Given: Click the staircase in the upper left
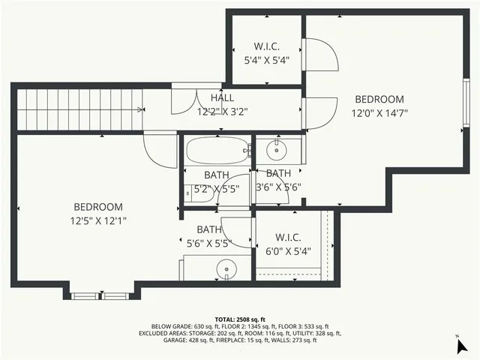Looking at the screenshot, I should pyautogui.click(x=79, y=109).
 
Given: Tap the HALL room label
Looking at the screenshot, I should pyautogui.click(x=222, y=98).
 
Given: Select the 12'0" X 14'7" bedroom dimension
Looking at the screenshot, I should pyautogui.click(x=379, y=113).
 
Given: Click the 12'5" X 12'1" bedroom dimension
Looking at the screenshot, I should pyautogui.click(x=98, y=220).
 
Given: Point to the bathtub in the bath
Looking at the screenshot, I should pyautogui.click(x=218, y=152).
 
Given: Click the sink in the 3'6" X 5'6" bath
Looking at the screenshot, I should pyautogui.click(x=278, y=151).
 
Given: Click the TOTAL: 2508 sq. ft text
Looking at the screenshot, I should pyautogui.click(x=240, y=319).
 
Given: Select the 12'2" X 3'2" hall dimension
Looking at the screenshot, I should pyautogui.click(x=222, y=112).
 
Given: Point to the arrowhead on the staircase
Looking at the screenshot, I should pyautogui.click(x=140, y=109).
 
